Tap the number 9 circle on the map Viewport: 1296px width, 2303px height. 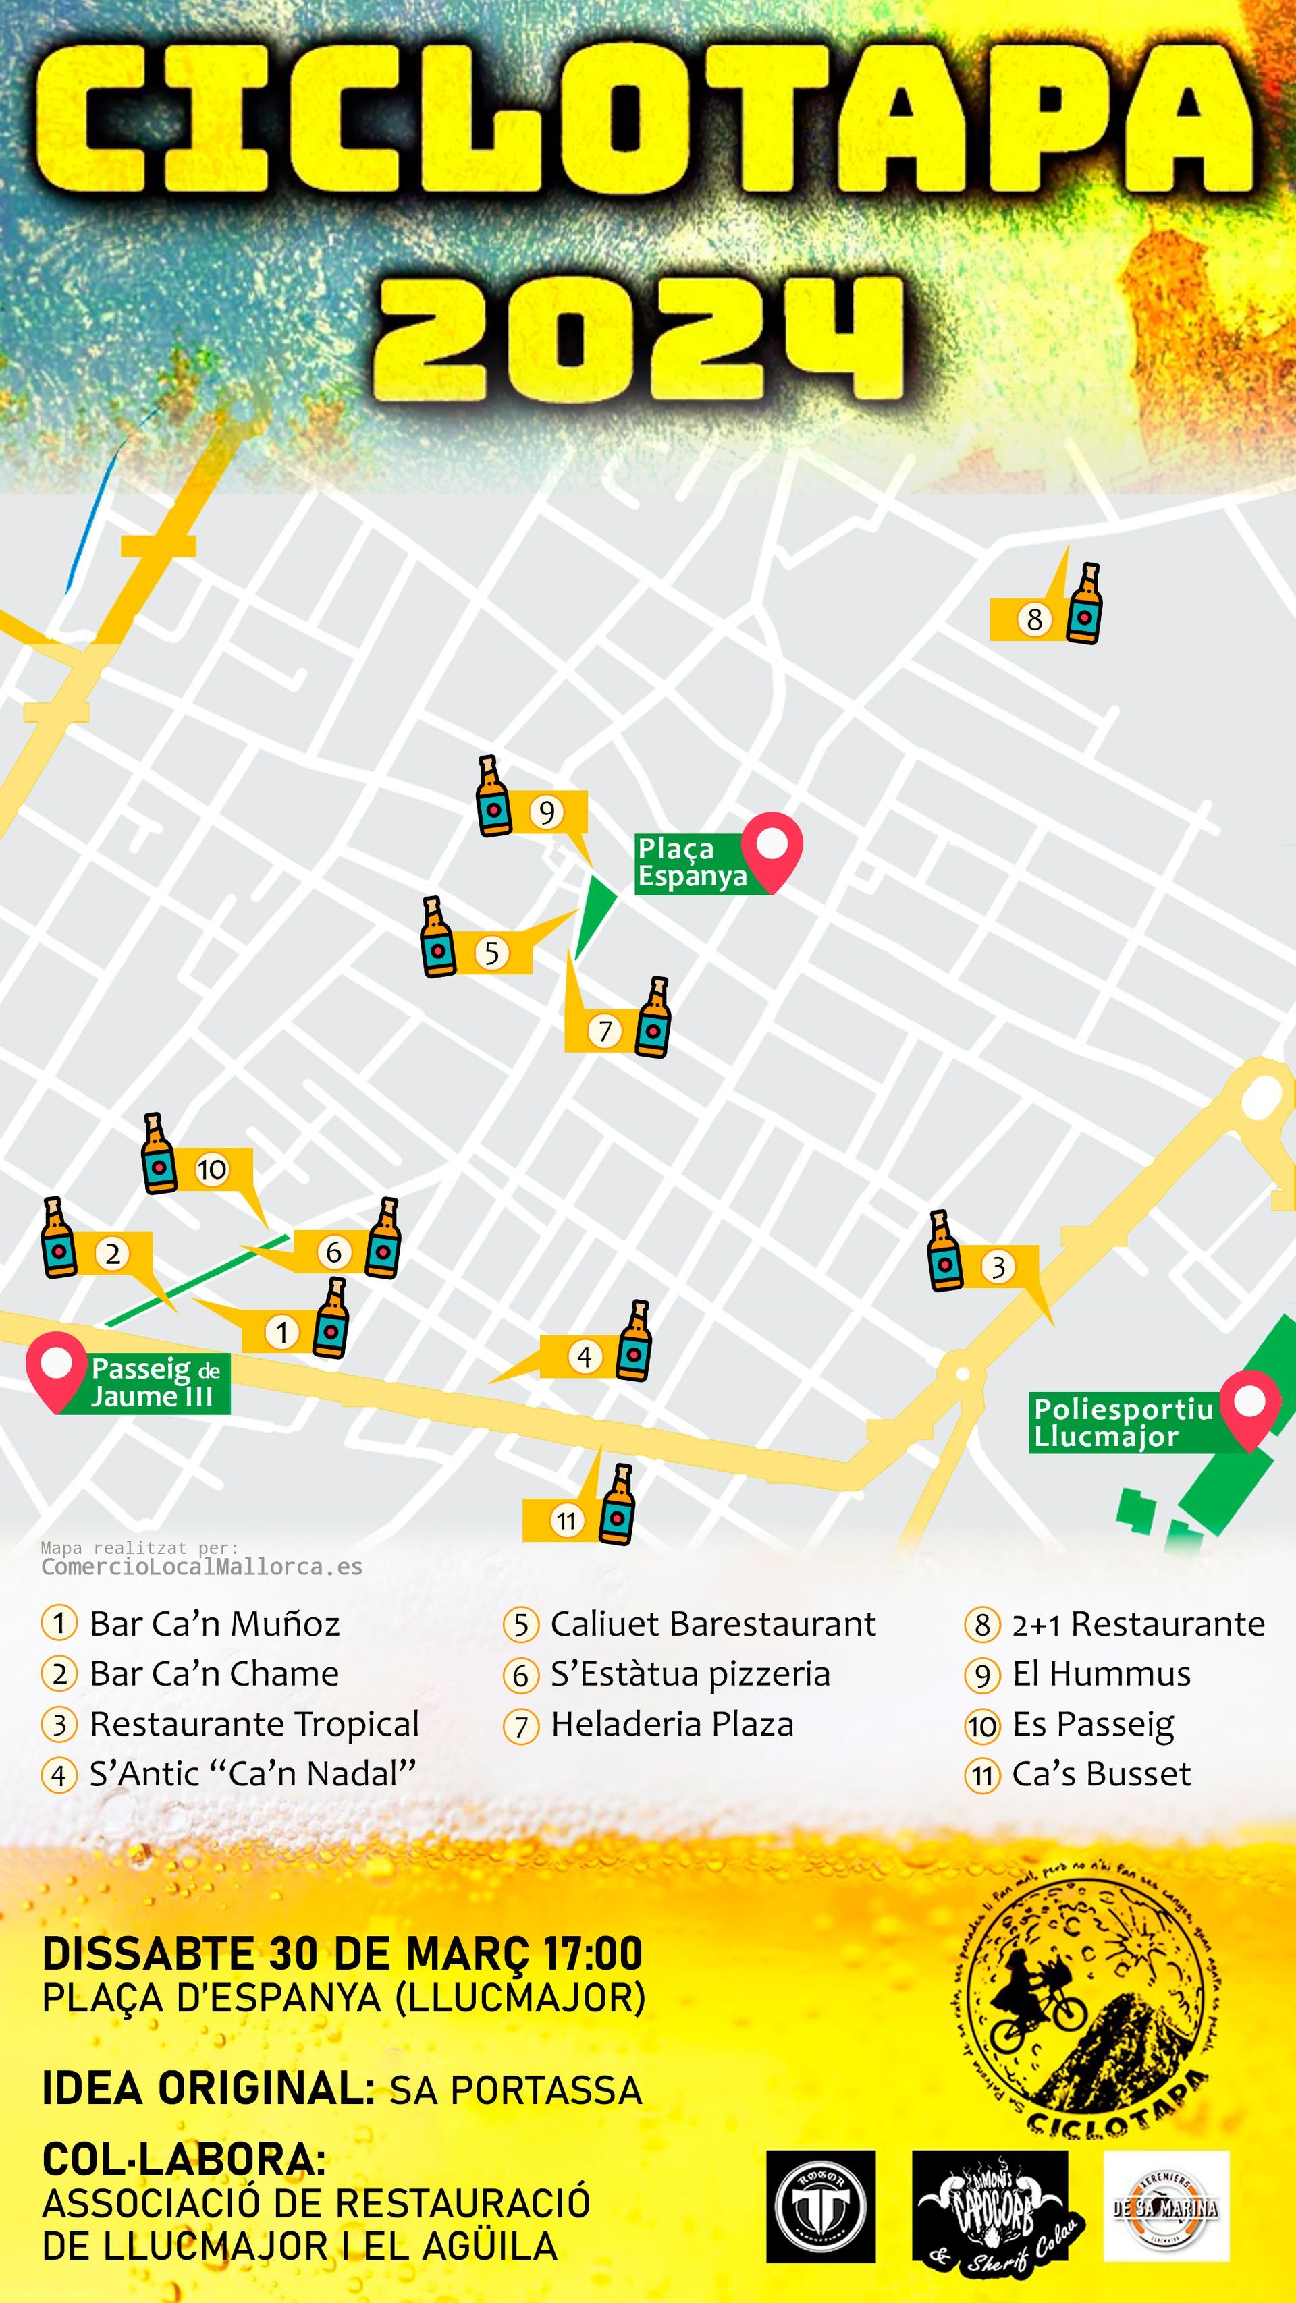pos(547,812)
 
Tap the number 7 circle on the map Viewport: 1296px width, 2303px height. pos(605,1031)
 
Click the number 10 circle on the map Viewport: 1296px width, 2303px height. pos(212,1169)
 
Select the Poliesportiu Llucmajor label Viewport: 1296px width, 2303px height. pos(1123,1422)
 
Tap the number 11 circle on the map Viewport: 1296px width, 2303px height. pos(566,1521)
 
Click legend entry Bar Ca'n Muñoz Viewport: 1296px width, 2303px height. pos(214,1624)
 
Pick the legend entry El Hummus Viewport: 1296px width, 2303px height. pos(1100,1673)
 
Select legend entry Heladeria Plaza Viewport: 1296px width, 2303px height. pos(671,1723)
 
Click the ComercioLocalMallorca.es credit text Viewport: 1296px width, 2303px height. pos(202,1567)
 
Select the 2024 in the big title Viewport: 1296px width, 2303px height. pos(639,338)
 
